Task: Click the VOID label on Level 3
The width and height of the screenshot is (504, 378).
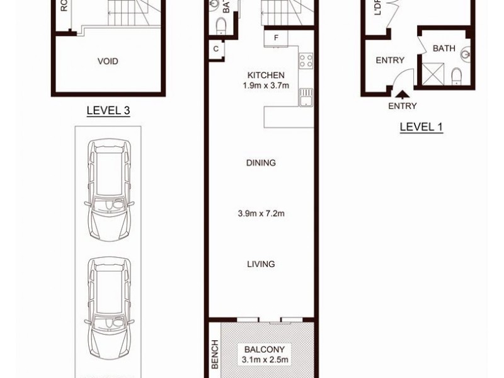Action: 108,62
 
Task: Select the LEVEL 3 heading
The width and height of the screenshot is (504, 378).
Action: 108,111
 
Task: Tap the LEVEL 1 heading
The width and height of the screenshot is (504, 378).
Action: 421,127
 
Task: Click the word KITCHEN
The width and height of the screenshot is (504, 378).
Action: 266,75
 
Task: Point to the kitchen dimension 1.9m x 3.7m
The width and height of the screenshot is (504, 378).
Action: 266,86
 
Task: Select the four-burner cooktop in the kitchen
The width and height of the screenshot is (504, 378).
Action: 306,60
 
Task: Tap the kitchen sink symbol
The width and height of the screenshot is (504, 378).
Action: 306,98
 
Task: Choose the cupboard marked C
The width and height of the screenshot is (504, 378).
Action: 215,49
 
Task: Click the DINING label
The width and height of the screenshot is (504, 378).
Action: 261,163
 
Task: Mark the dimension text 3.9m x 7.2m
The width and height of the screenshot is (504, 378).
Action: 261,214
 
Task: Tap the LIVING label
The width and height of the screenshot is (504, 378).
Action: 261,265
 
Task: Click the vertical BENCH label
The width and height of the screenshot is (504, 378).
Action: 214,354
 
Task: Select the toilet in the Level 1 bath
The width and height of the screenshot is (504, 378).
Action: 457,76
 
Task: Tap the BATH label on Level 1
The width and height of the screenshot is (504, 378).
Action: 444,49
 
